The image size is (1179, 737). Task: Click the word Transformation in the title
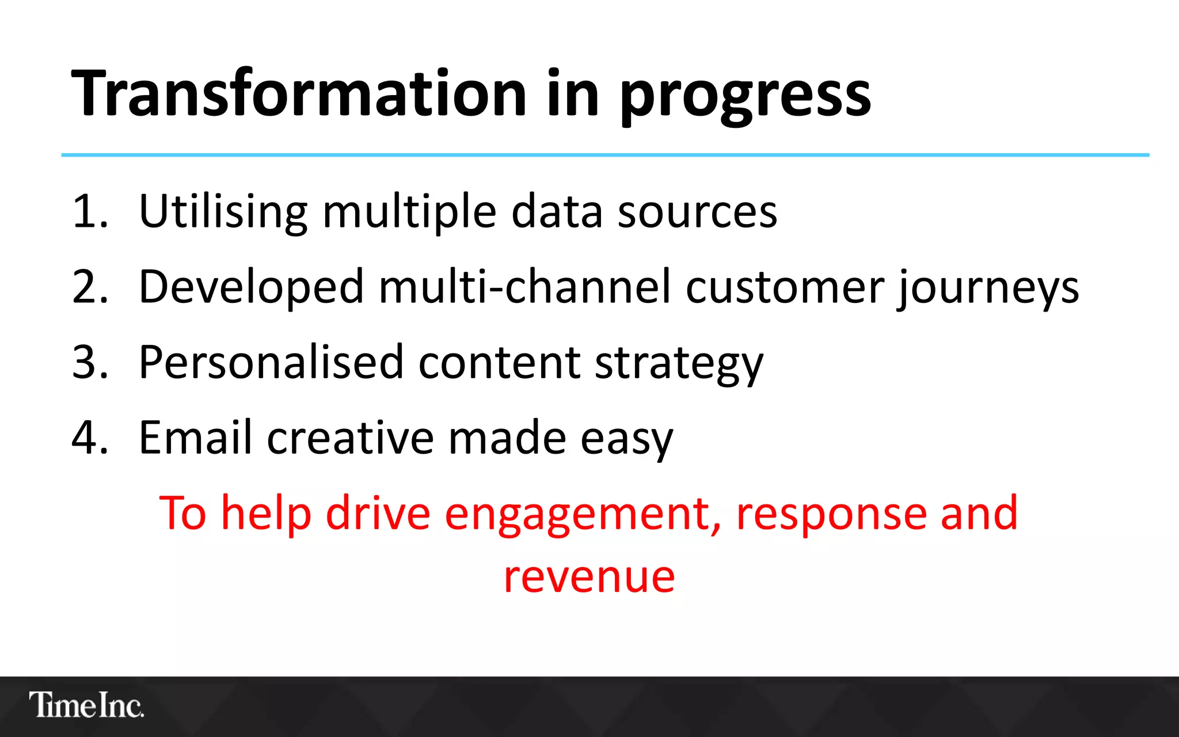click(298, 93)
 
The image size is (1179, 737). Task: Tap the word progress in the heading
click(745, 95)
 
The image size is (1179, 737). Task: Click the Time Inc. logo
click(86, 705)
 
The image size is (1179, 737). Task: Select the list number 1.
click(89, 211)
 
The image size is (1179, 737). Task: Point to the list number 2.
click(89, 287)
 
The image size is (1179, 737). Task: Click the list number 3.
click(89, 362)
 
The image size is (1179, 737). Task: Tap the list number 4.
click(89, 438)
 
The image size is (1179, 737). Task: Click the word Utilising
click(223, 211)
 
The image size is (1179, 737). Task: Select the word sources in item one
click(697, 211)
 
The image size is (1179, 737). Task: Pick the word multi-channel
click(524, 287)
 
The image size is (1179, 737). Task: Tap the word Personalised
click(271, 362)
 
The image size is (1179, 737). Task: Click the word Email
click(195, 438)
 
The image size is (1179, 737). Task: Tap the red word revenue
click(589, 577)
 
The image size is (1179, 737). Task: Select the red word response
click(831, 514)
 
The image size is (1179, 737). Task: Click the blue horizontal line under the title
click(604, 155)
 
